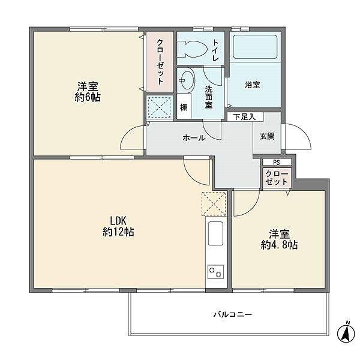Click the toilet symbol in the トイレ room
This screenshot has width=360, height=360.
pos(193,49)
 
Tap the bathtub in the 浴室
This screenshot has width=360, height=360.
pos(255,47)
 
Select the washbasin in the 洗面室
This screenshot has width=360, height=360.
pos(187,80)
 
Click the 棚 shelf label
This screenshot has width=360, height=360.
pos(184,107)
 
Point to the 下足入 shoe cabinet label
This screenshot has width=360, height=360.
pos(245,117)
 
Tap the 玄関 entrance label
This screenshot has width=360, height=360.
pos(267,136)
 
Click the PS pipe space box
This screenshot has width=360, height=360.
pos(277,163)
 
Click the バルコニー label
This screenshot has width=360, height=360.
pos(233,314)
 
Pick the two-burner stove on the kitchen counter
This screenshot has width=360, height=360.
pos(215,272)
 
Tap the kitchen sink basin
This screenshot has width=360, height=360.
pos(215,233)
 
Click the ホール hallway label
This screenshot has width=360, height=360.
pos(194,138)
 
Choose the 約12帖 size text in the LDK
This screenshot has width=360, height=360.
pos(118,232)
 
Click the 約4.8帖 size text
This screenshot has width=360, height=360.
pos(279,245)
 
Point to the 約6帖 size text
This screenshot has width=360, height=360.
pos(88,97)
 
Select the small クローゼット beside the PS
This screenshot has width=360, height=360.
pos(277,178)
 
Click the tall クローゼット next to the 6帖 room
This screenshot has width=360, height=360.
pos(160,62)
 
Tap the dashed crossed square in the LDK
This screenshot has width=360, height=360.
pos(214,204)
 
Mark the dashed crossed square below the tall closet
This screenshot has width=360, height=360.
pos(160,107)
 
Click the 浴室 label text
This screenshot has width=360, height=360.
pos(253,85)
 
